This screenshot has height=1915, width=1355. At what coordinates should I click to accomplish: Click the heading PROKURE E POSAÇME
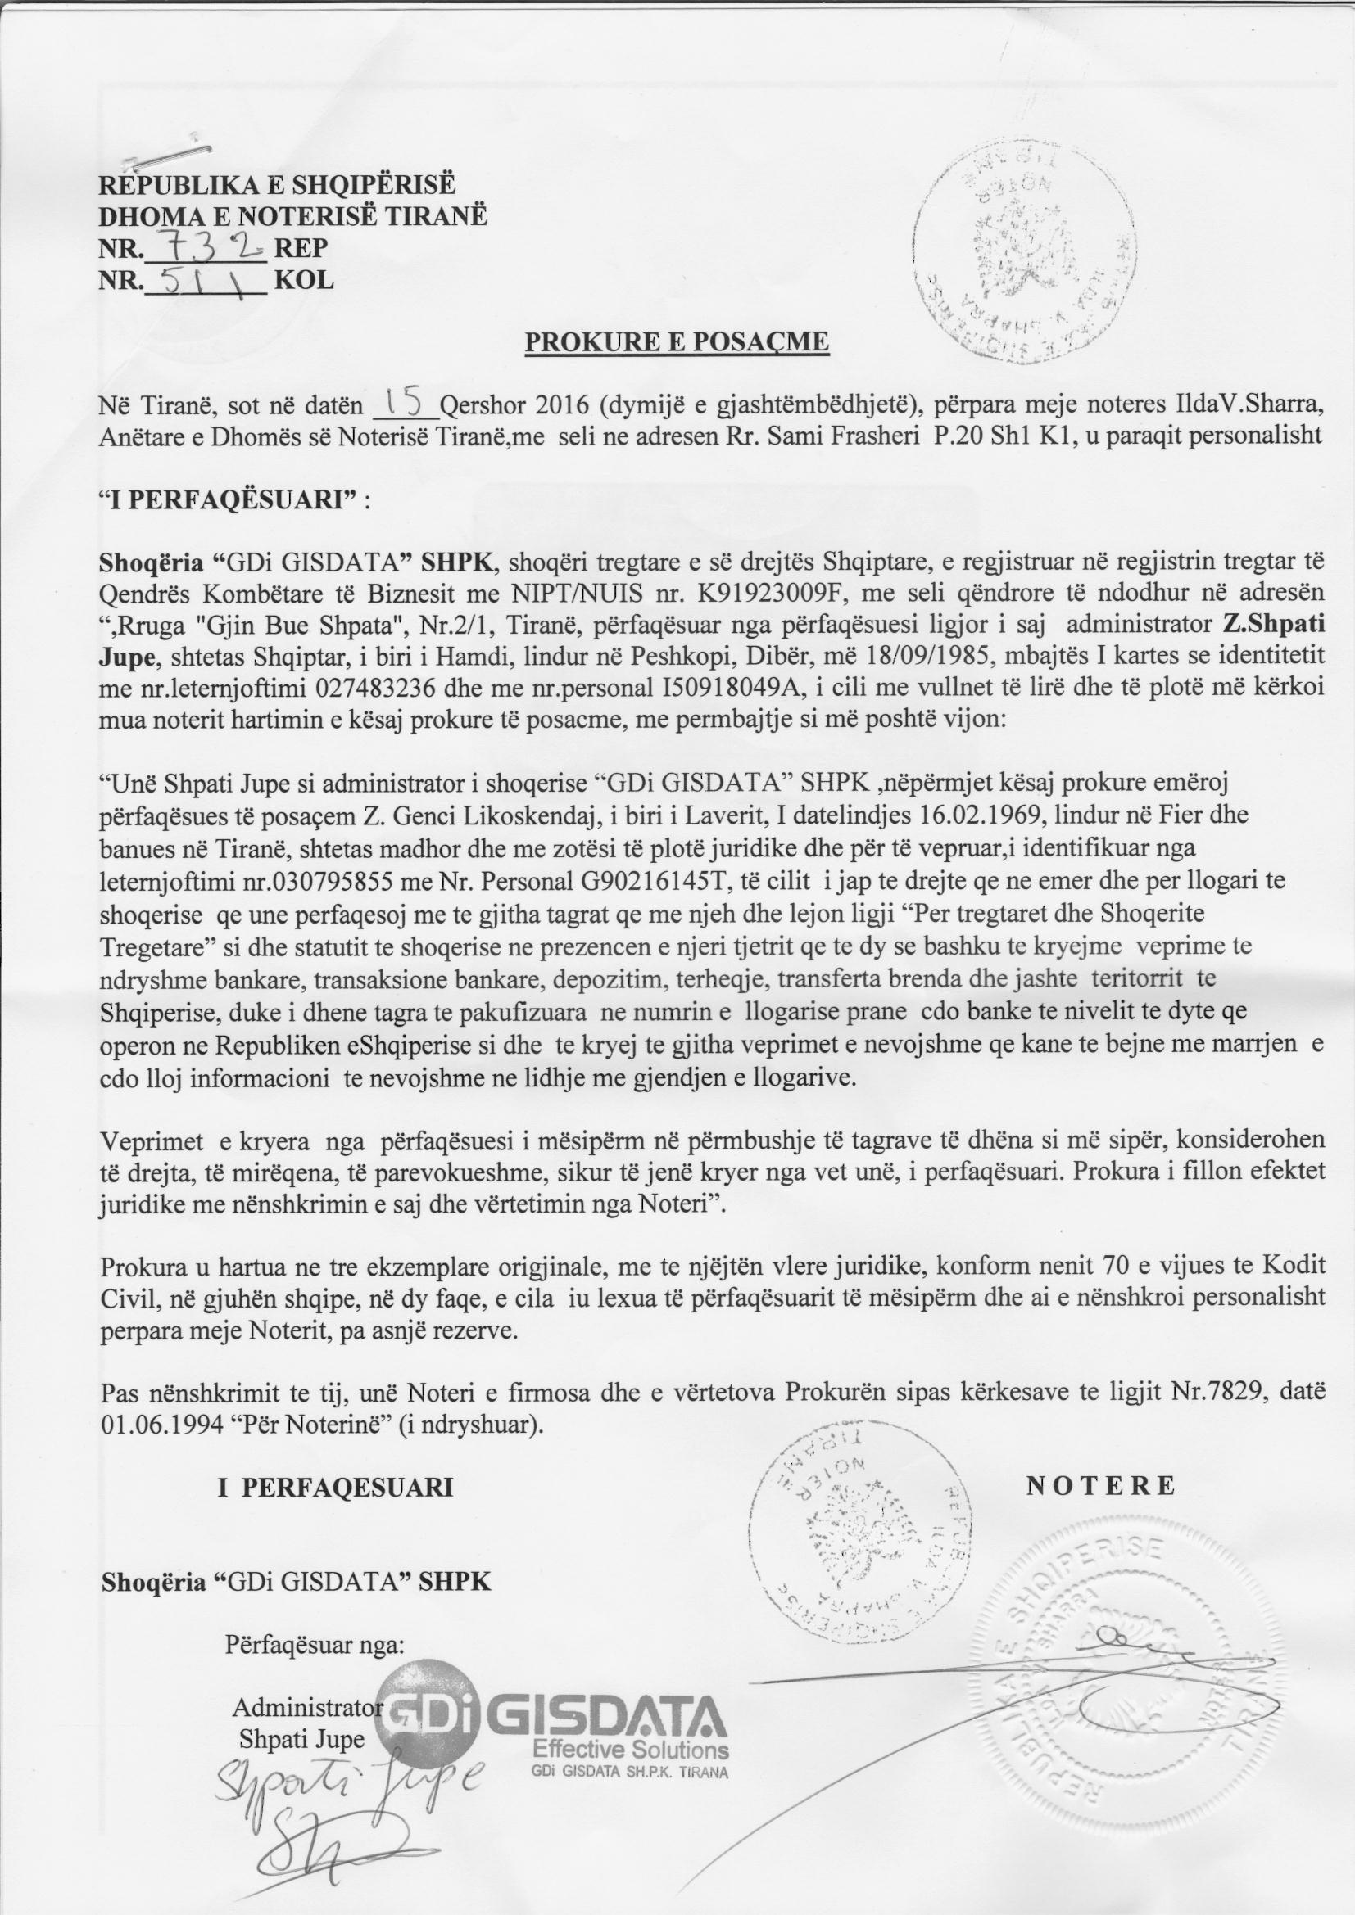point(677,343)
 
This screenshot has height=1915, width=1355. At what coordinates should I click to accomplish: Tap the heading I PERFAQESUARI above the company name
point(336,1487)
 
